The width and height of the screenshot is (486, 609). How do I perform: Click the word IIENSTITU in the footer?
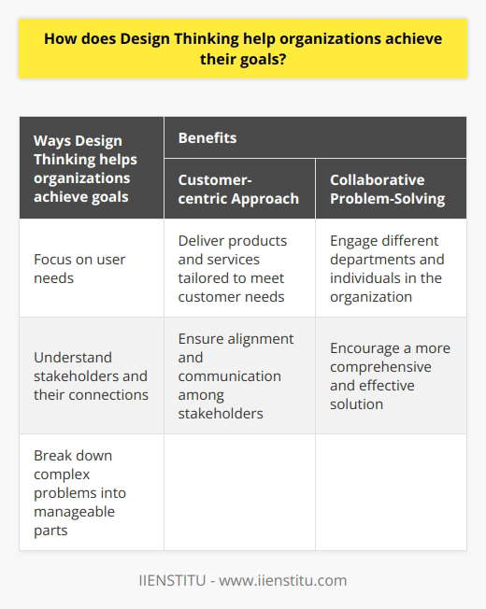[175, 580]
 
